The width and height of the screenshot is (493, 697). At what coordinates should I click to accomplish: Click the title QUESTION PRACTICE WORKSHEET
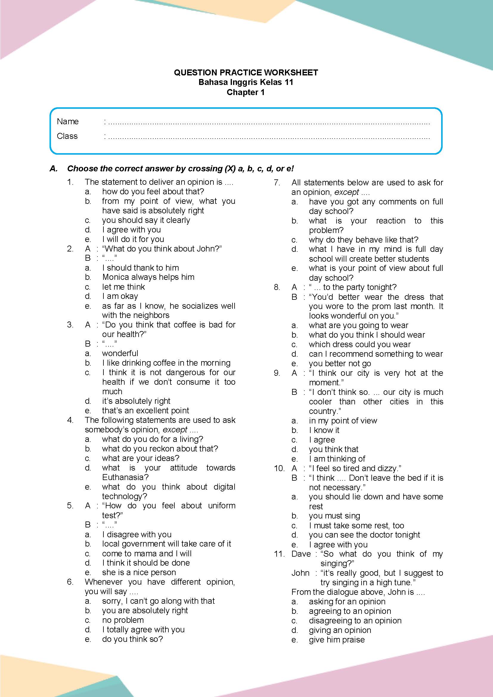246,72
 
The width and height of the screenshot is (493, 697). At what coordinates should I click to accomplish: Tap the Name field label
68,121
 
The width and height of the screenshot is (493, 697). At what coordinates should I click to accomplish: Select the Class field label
67,136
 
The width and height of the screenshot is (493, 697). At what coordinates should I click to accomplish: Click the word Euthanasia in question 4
125,477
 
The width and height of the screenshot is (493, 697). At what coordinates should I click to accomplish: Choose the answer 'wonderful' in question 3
120,353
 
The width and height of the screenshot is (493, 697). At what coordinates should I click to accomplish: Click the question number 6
70,582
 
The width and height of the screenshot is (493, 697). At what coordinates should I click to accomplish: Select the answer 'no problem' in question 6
123,620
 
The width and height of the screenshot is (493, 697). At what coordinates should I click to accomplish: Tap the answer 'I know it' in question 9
324,430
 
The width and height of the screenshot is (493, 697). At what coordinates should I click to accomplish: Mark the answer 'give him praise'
337,639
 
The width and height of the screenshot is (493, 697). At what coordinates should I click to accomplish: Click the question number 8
277,287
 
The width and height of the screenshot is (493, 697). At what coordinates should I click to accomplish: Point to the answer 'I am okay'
120,296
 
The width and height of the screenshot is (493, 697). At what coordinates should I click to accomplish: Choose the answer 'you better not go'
340,363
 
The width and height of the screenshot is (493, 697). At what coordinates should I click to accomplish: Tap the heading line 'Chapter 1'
246,92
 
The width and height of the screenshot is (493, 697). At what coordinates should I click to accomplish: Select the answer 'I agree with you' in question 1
131,230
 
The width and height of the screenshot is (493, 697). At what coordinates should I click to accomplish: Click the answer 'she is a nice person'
139,572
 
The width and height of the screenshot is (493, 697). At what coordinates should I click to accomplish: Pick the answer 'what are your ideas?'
141,458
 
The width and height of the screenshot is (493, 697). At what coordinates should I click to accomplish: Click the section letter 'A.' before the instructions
54,168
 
